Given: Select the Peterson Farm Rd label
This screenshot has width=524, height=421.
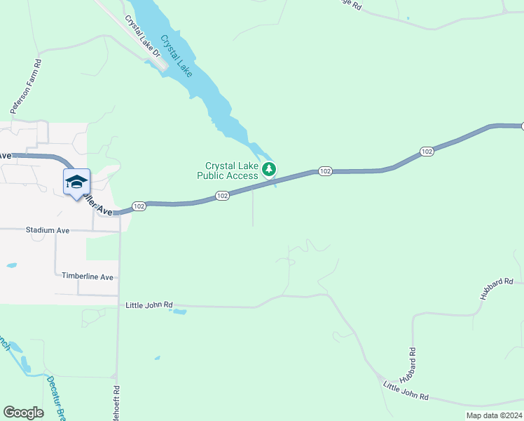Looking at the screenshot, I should click(27, 86).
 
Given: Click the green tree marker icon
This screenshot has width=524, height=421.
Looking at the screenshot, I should click(269, 169).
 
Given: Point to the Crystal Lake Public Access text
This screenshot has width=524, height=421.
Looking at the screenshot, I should click(227, 171).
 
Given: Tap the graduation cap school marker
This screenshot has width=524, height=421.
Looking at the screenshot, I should click(76, 182).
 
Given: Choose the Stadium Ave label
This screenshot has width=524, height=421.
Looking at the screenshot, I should click(48, 229).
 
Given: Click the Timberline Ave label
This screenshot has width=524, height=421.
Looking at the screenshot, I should click(88, 277).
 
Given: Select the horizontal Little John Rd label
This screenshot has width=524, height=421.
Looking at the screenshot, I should click(149, 305).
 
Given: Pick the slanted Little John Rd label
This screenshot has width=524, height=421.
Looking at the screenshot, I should click(406, 391).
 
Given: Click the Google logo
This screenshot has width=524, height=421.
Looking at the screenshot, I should click(23, 413).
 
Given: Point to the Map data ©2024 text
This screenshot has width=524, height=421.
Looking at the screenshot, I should click(493, 415).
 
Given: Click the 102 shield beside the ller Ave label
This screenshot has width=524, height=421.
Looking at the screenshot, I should click(139, 206).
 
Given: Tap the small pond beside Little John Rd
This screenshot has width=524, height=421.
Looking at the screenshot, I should click(179, 310).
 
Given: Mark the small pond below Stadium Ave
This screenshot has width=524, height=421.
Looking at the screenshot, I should click(11, 266).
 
